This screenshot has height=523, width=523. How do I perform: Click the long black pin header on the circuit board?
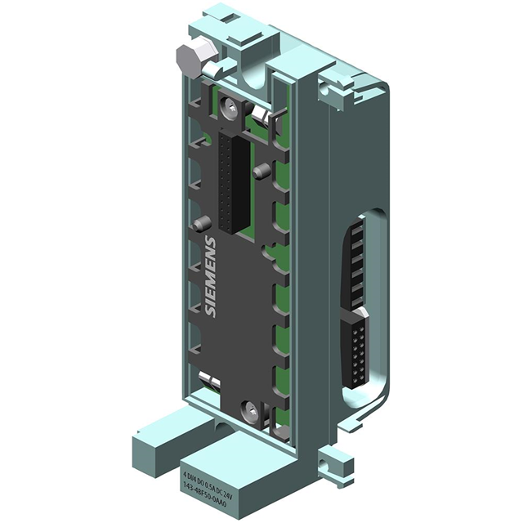point(231,184)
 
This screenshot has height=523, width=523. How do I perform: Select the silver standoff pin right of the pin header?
point(261,172)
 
